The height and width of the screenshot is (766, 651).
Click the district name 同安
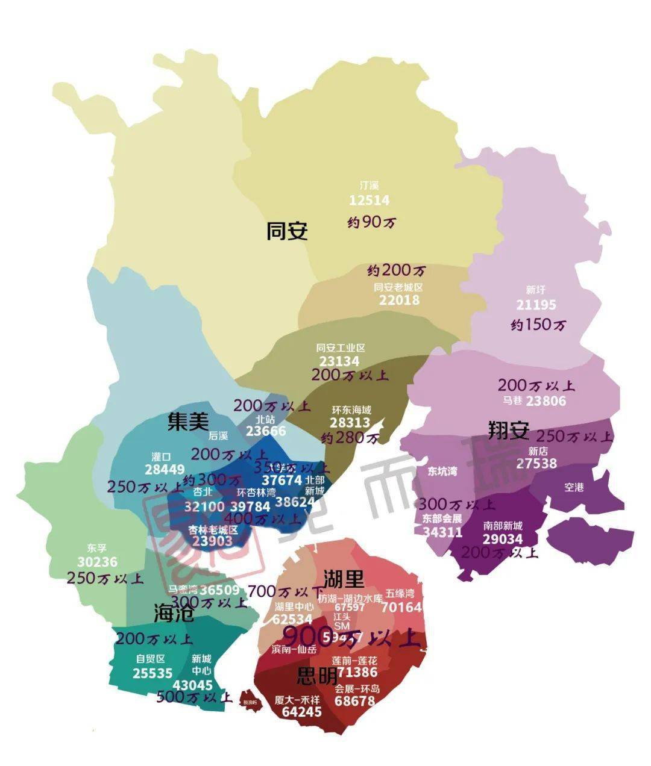tap(287, 231)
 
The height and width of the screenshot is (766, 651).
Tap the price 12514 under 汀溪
tap(369, 201)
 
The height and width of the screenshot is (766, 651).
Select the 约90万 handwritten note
tap(372, 222)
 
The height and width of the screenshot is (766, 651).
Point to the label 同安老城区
tap(399, 287)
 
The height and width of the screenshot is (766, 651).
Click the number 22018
tap(399, 300)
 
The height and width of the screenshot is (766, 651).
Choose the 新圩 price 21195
tap(536, 305)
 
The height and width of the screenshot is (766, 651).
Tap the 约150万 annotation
tap(538, 325)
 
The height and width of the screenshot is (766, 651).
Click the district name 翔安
tap(508, 430)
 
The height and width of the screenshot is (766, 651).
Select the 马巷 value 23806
tap(546, 400)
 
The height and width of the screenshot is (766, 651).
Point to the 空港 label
tap(574, 487)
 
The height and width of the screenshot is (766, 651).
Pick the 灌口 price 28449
tap(165, 469)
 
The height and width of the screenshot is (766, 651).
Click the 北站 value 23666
tap(265, 431)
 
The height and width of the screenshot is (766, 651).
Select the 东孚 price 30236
tap(97, 562)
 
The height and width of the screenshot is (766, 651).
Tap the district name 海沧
tap(174, 614)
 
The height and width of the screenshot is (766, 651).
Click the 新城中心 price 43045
tap(192, 685)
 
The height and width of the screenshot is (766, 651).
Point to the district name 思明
tap(317, 676)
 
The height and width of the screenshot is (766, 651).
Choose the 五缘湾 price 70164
tap(401, 607)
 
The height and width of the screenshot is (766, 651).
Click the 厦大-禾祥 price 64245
tap(301, 712)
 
